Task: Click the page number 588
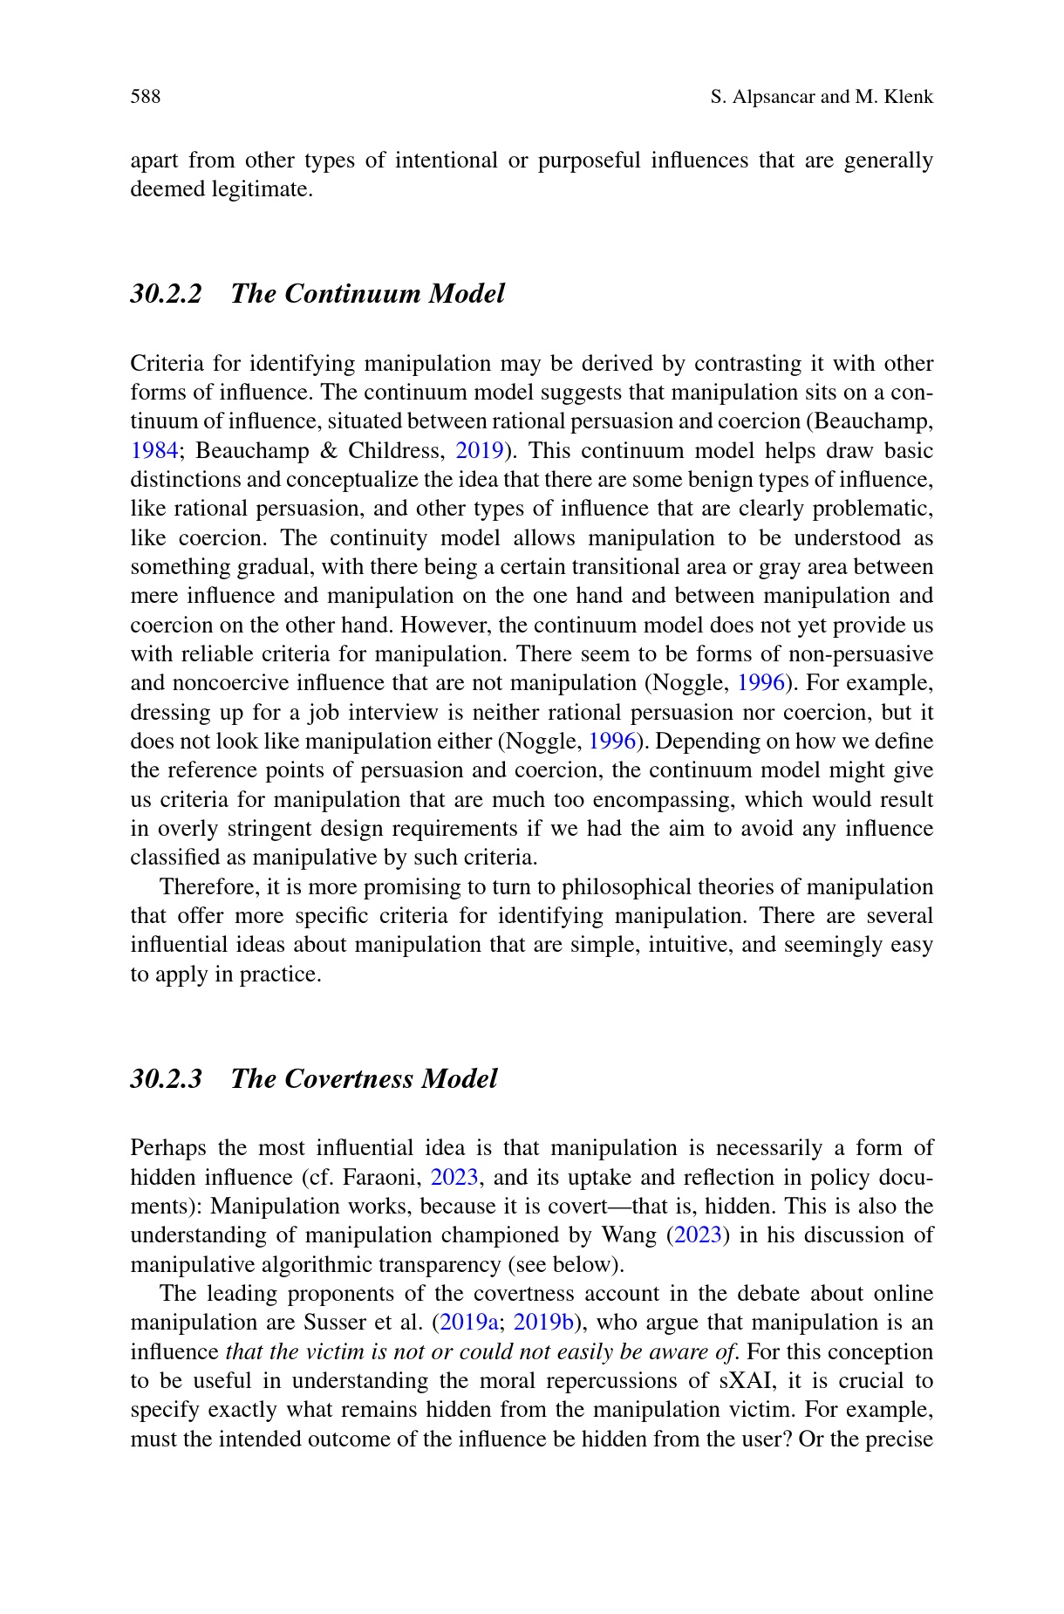[x=146, y=97]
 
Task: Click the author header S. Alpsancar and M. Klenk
[x=822, y=97]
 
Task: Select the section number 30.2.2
[x=166, y=293]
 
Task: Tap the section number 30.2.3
[x=166, y=1079]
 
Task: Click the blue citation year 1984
[x=154, y=451]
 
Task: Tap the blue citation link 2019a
[x=469, y=1323]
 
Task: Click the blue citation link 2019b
[x=542, y=1323]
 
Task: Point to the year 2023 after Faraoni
[x=454, y=1178]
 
